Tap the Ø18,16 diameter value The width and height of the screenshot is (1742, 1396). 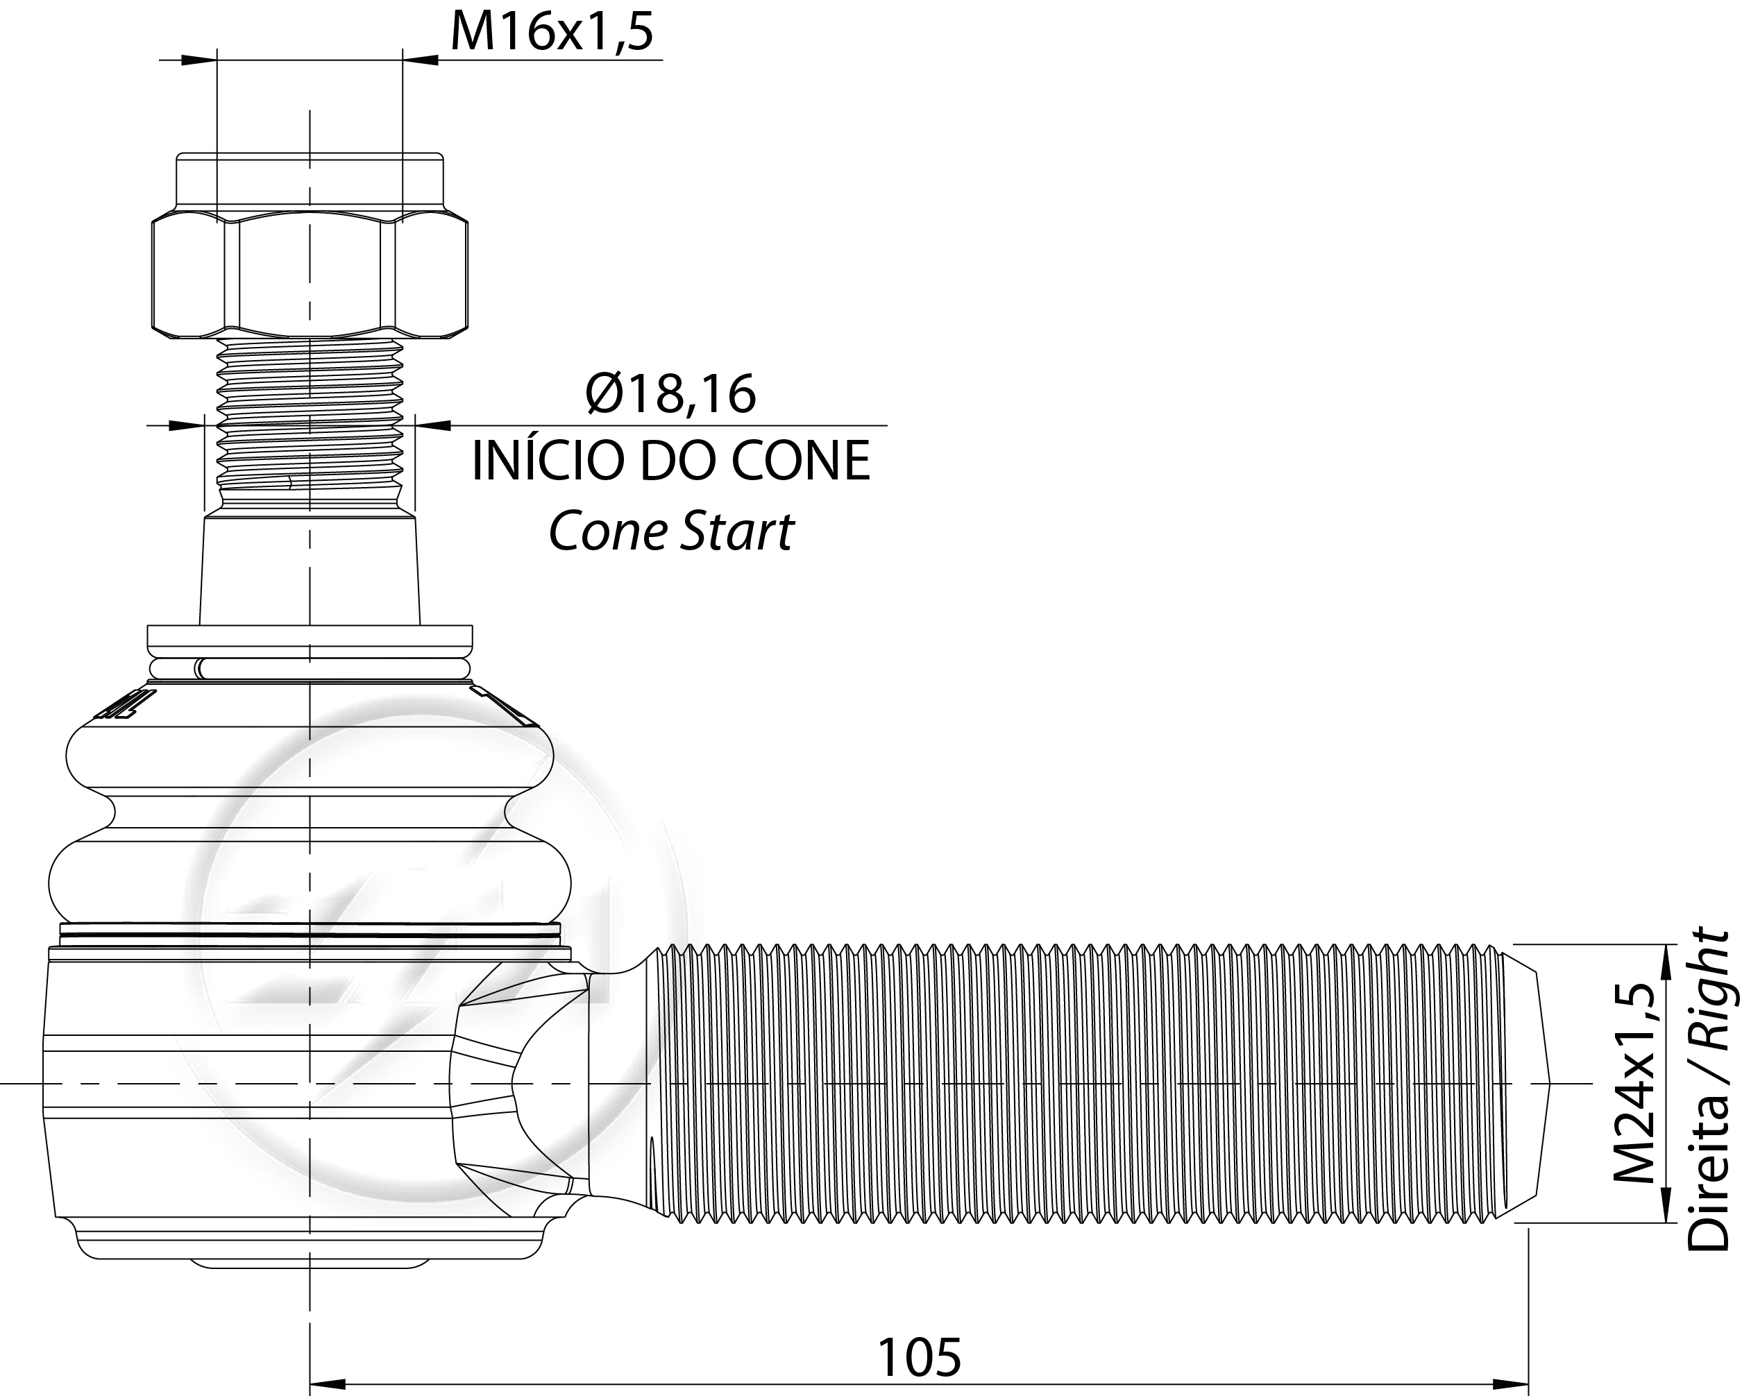coord(671,394)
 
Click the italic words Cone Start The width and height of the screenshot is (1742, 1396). coord(670,531)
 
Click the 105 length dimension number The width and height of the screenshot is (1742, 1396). coord(920,1356)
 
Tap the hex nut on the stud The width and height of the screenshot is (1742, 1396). coord(310,275)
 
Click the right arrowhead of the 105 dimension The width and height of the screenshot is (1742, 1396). coord(1510,1383)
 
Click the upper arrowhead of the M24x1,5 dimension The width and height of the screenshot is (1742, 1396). coord(1665,962)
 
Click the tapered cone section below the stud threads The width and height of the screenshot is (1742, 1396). coord(310,570)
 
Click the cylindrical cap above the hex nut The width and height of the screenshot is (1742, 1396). coord(310,182)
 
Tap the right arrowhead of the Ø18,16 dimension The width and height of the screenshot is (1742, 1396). coord(433,425)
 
